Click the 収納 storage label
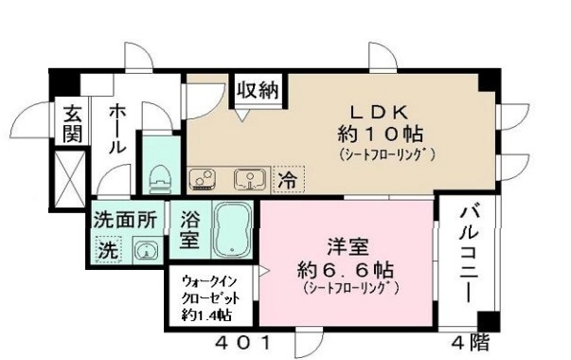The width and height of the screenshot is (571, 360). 258,92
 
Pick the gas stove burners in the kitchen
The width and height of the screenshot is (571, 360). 205,177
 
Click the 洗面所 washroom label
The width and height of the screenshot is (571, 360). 125,217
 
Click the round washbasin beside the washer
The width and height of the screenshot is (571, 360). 146,250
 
